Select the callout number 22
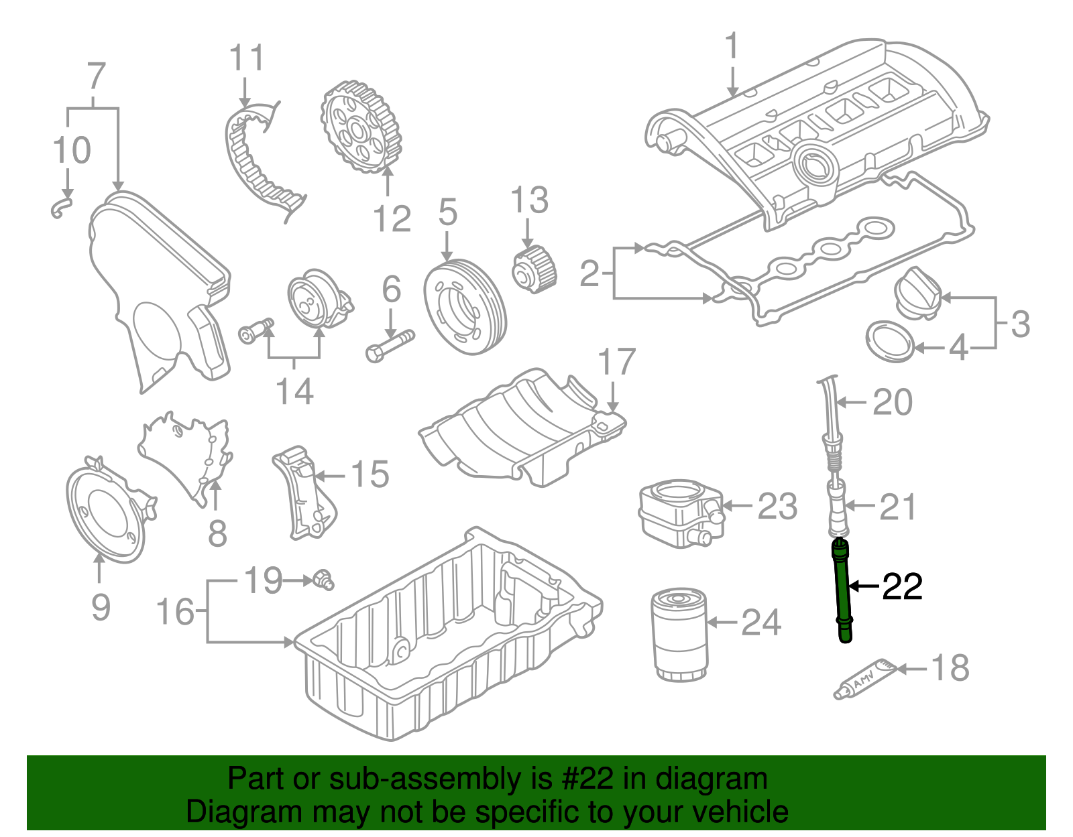pyautogui.click(x=902, y=587)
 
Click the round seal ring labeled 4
pyautogui.click(x=890, y=342)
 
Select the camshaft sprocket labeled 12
pyautogui.click(x=361, y=127)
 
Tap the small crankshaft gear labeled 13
pyautogui.click(x=534, y=270)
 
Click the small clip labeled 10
pyautogui.click(x=61, y=205)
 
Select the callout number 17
pyautogui.click(x=616, y=363)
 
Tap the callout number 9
pyautogui.click(x=100, y=607)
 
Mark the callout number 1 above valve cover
pyautogui.click(x=732, y=46)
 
